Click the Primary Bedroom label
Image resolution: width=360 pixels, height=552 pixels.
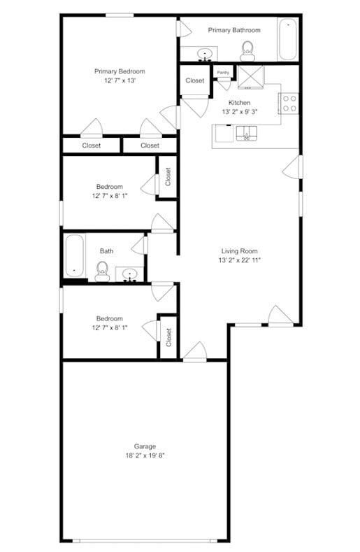tap(120, 71)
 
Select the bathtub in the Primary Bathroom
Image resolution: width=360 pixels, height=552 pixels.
tap(289, 40)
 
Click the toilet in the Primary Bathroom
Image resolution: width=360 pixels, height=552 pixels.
tap(247, 50)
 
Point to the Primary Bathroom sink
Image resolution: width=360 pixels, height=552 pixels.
tap(205, 53)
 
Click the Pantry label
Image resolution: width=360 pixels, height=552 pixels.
tap(223, 72)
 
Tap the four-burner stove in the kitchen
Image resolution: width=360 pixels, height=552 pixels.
tap(289, 104)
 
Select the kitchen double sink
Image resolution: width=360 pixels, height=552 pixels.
tap(246, 132)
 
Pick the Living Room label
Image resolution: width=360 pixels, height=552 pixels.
tap(240, 251)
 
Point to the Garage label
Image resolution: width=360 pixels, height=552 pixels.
tap(145, 446)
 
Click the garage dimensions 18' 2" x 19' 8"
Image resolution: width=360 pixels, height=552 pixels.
tap(145, 455)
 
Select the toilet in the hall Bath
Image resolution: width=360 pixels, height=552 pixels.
tap(102, 271)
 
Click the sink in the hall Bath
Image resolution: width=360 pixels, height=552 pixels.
tap(130, 273)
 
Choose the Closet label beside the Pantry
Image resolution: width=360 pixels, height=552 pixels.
tap(195, 80)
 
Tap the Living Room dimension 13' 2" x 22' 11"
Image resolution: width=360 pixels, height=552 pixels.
tap(240, 260)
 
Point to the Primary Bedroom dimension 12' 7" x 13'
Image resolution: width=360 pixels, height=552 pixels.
tap(120, 80)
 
